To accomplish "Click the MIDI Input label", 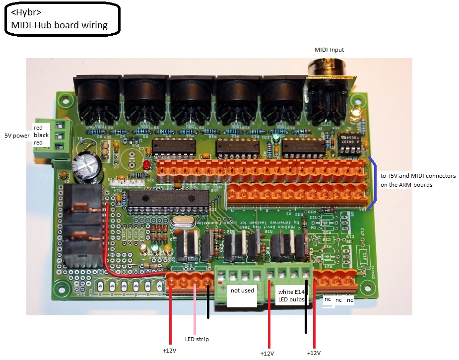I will [329, 50].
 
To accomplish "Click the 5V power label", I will [17, 135].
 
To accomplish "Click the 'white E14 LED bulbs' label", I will [292, 297].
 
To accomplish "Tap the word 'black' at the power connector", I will [41, 135].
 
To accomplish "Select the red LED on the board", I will [147, 164].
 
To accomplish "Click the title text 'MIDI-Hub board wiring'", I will [59, 25].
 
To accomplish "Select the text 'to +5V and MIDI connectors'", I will [418, 176].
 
